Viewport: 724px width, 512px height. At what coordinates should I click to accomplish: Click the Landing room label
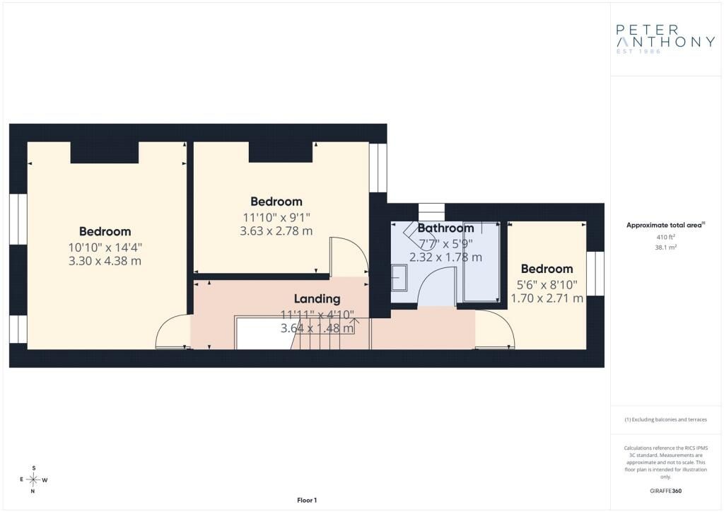pos(317,298)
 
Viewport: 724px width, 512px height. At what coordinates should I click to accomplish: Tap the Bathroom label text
pos(445,228)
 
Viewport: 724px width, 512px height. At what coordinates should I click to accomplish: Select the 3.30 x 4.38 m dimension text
pos(105,261)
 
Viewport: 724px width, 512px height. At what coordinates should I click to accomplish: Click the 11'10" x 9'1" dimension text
pos(276,217)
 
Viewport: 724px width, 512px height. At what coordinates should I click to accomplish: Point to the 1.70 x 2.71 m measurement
pos(547,298)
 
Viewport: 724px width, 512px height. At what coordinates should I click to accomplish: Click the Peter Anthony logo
pos(665,39)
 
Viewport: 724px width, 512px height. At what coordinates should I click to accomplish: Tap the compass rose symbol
pos(34,479)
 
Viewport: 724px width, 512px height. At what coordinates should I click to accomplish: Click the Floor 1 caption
pos(307,500)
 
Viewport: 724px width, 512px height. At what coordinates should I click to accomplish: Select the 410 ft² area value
pos(666,237)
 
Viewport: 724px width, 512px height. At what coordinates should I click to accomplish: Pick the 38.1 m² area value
pos(666,247)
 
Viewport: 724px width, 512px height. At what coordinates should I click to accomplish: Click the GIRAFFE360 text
pos(666,491)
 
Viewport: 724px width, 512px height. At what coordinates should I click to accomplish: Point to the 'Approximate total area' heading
pos(665,226)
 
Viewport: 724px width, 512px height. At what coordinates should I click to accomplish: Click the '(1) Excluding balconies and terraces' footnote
pos(666,419)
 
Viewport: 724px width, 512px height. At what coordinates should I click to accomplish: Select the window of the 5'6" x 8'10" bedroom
pos(595,274)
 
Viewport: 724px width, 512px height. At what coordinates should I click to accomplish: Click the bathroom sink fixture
pos(399,277)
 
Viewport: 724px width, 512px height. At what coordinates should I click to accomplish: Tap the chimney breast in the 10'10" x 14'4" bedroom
pos(105,152)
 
